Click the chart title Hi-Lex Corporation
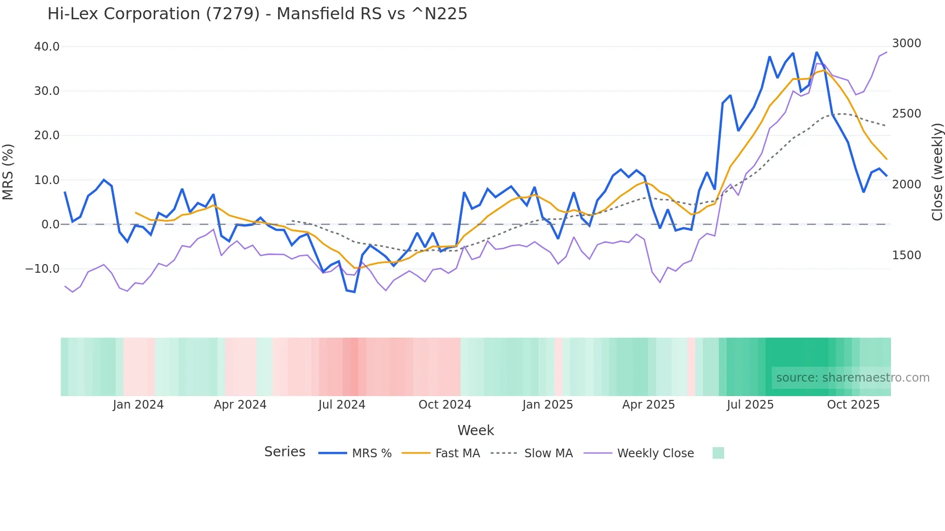click(x=257, y=14)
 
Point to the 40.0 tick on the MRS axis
click(x=47, y=47)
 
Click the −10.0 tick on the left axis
click(x=42, y=269)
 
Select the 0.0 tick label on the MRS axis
click(x=50, y=225)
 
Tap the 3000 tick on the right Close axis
click(x=906, y=43)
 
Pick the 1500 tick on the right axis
click(x=906, y=255)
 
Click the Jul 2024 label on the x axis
click(x=341, y=405)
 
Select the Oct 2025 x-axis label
click(x=853, y=405)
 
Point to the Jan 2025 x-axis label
click(x=547, y=405)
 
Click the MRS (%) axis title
click(x=8, y=172)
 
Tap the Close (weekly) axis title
click(x=937, y=172)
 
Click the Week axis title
click(x=475, y=430)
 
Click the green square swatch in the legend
click(x=718, y=453)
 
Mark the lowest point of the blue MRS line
click(x=354, y=292)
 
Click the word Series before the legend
click(x=284, y=452)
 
